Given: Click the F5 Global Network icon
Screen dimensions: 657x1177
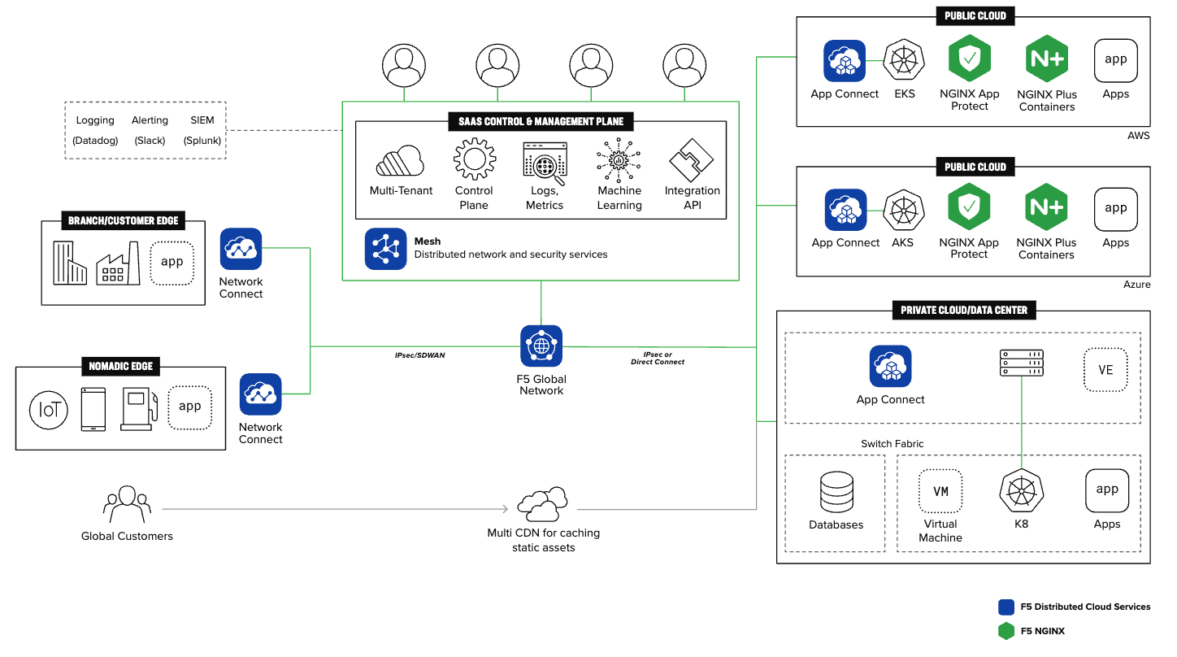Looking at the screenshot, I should coord(541,346).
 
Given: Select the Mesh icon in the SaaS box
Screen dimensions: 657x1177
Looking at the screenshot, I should coord(385,249).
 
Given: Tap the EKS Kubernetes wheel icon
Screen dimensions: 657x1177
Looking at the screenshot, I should coord(904,61).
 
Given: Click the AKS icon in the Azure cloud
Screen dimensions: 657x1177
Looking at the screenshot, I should coord(903,210).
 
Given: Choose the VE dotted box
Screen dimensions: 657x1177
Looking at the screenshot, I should coord(1105,369).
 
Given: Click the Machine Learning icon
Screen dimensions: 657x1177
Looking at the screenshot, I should coord(619,159).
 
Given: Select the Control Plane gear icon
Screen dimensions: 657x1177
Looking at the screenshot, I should coord(475,159).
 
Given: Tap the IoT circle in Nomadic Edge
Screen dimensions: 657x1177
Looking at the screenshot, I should coord(50,411).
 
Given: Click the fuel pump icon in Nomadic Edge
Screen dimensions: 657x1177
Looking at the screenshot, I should coord(136,409).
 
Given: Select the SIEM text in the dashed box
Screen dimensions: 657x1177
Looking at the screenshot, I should coord(202,120).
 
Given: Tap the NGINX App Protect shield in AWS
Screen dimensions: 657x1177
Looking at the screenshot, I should coord(969,59).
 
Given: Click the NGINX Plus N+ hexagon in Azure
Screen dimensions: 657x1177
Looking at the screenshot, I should coord(1045,207).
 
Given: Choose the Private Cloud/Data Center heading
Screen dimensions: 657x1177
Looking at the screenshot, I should coord(963,310).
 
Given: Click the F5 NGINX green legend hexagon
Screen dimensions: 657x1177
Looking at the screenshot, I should coord(1006,631).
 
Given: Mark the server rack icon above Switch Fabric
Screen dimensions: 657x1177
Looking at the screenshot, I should coord(1022,363).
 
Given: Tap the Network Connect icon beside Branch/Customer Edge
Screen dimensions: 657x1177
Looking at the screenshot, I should coord(241,249).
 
